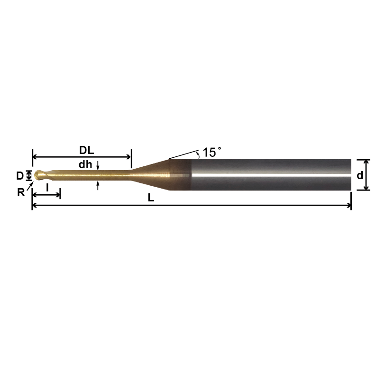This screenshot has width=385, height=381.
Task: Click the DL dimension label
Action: pos(86,151)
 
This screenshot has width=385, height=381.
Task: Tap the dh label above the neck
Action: pos(85,165)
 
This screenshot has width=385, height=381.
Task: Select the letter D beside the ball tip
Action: pos(20,176)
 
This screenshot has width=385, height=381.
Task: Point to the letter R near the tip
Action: pos(21,192)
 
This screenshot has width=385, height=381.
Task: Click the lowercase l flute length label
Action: pos(47,187)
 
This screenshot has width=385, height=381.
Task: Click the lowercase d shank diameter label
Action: pos(360,175)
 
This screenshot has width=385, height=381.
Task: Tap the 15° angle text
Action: pos(211,153)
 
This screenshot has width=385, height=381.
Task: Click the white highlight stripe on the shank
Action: pos(270,175)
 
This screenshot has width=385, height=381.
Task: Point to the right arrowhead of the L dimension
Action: pos(349,206)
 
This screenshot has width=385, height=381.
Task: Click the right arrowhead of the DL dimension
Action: pos(128,156)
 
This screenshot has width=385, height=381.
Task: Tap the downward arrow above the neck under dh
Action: pos(98,166)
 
